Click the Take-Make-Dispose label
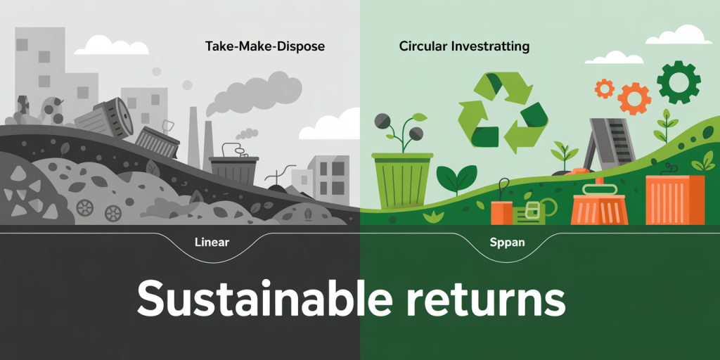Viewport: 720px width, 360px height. click(x=265, y=47)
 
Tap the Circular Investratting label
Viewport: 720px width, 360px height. click(x=464, y=47)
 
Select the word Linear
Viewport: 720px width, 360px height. click(x=212, y=242)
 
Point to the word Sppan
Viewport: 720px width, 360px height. click(x=507, y=243)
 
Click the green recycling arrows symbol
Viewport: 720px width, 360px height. click(x=503, y=111)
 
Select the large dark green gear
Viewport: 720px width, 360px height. click(x=679, y=83)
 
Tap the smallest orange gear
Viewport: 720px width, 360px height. click(x=604, y=88)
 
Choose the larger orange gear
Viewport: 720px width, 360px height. click(x=634, y=98)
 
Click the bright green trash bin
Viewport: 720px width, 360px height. click(x=402, y=181)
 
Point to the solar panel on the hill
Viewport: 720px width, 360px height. click(x=607, y=143)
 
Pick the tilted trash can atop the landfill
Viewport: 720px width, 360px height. click(x=104, y=118)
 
